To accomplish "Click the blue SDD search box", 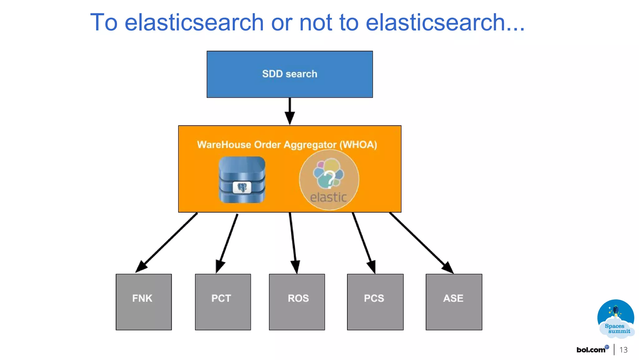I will click(x=290, y=74).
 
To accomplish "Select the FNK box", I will click(x=144, y=302).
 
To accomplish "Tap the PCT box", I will click(x=223, y=302).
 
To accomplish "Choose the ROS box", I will click(x=297, y=302).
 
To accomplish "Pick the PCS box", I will click(x=375, y=302).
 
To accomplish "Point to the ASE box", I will click(x=454, y=302).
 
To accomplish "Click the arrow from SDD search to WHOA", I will click(x=290, y=111).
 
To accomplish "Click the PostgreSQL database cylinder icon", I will click(x=242, y=180).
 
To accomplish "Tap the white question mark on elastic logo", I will click(x=329, y=178).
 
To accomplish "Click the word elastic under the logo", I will click(x=329, y=197).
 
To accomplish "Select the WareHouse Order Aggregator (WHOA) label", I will click(x=287, y=145).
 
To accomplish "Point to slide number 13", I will click(x=623, y=350).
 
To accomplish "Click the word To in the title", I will click(x=104, y=22).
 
